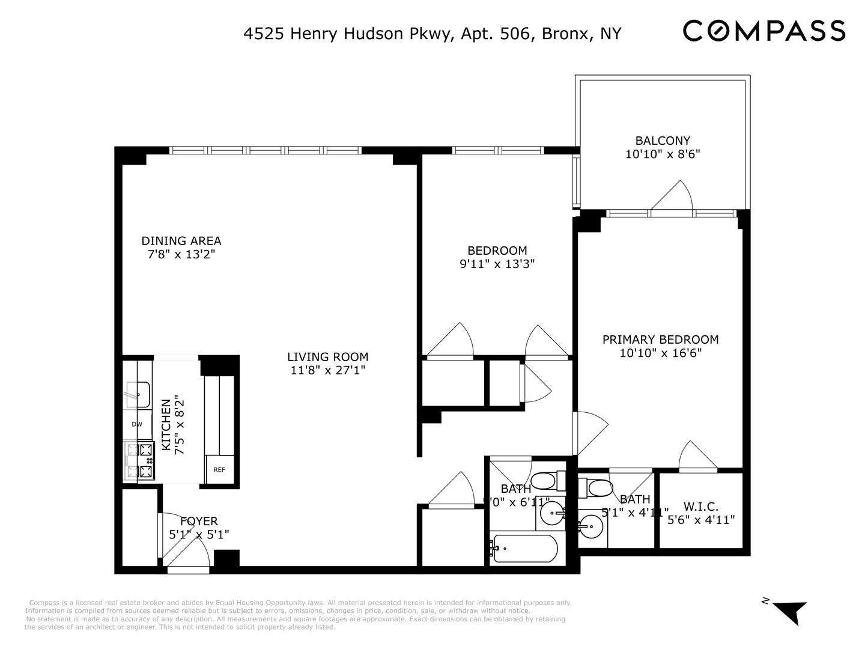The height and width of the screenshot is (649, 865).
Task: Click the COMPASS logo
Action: click(763, 31)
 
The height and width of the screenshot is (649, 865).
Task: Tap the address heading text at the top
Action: click(432, 34)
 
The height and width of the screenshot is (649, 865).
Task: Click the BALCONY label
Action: click(663, 141)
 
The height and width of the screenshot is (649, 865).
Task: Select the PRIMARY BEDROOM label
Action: click(660, 340)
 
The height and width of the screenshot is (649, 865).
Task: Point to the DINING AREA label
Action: click(181, 241)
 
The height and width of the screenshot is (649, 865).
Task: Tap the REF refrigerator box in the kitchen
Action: click(219, 469)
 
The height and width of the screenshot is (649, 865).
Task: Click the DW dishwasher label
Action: click(137, 424)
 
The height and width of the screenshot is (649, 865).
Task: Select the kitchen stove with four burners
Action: click(139, 460)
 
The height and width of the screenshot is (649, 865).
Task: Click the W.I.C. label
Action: click(701, 507)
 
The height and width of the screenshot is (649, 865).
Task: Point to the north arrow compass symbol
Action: click(789, 611)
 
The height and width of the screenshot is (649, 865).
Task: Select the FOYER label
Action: click(199, 521)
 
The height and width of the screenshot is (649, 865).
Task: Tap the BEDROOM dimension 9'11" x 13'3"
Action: click(497, 264)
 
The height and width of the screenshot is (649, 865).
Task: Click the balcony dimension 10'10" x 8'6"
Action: click(663, 154)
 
